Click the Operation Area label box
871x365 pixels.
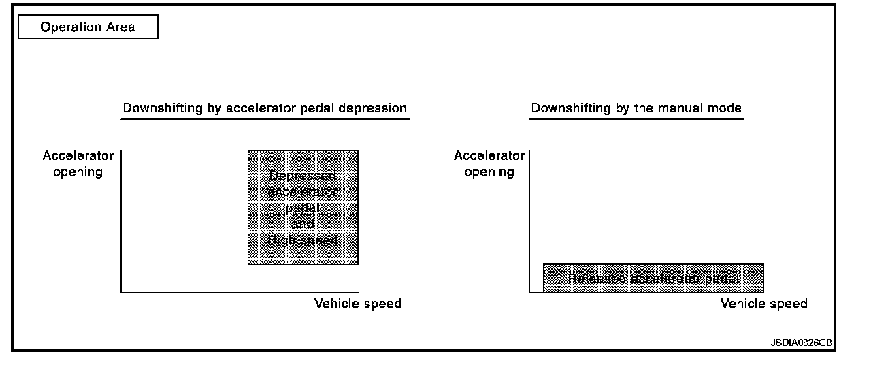88,27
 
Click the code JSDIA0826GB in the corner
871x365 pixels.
801,343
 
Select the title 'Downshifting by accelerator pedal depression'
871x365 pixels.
265,108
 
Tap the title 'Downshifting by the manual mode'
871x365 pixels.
636,108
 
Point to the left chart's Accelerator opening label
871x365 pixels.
78,163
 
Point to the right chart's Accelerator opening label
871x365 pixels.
489,163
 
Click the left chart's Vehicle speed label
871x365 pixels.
358,304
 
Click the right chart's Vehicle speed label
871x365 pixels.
764,304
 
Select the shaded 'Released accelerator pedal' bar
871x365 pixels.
653,278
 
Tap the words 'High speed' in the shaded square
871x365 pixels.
303,240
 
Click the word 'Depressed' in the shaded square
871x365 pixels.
303,176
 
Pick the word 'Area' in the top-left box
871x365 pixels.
121,27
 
